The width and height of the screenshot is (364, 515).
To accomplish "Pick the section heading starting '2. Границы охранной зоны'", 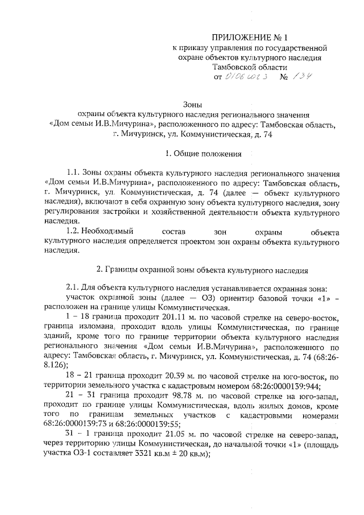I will pos(202,270).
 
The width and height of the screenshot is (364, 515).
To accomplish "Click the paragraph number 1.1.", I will pos(74,174).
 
